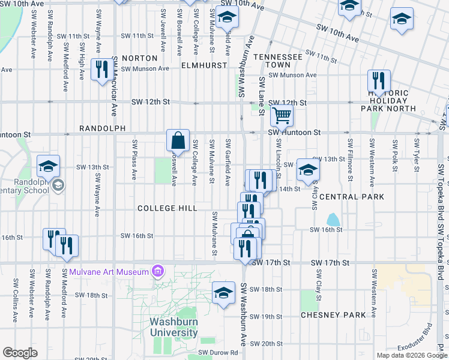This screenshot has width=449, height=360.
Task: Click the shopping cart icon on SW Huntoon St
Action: (281, 115)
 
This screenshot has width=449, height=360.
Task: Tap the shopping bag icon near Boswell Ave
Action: (178, 141)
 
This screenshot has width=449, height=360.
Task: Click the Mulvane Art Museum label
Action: (109, 272)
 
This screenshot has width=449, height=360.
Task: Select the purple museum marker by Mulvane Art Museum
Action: (158, 272)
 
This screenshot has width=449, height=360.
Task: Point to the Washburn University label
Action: (165, 328)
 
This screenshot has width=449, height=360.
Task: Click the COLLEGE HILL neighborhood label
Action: (167, 208)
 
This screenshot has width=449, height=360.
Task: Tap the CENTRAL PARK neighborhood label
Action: (352, 197)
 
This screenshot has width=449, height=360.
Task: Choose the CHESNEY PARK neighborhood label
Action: (333, 315)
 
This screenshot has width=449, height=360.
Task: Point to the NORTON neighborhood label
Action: (139, 58)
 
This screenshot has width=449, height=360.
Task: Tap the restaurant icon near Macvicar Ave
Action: (101, 69)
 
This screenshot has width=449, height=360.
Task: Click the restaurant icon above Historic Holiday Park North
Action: (379, 80)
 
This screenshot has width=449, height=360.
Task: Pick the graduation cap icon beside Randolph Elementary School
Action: (49, 166)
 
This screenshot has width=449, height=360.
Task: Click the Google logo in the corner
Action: (20, 353)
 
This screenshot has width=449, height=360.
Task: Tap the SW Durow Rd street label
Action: (218, 353)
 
